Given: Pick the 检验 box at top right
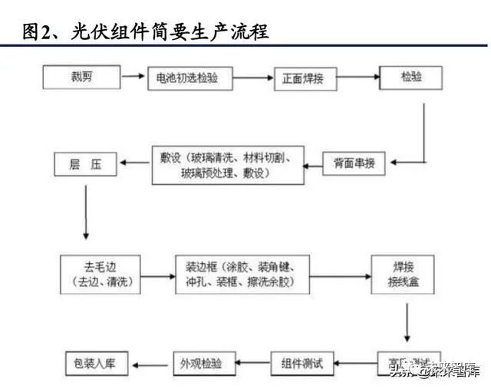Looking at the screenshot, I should tap(410, 77).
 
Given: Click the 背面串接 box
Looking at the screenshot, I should tap(354, 163).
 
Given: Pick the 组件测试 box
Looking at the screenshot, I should tap(302, 362).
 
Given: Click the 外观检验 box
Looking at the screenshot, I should tap(200, 362).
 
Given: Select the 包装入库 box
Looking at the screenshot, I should tap(97, 362).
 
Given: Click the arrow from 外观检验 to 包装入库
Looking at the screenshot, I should tap(150, 362).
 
